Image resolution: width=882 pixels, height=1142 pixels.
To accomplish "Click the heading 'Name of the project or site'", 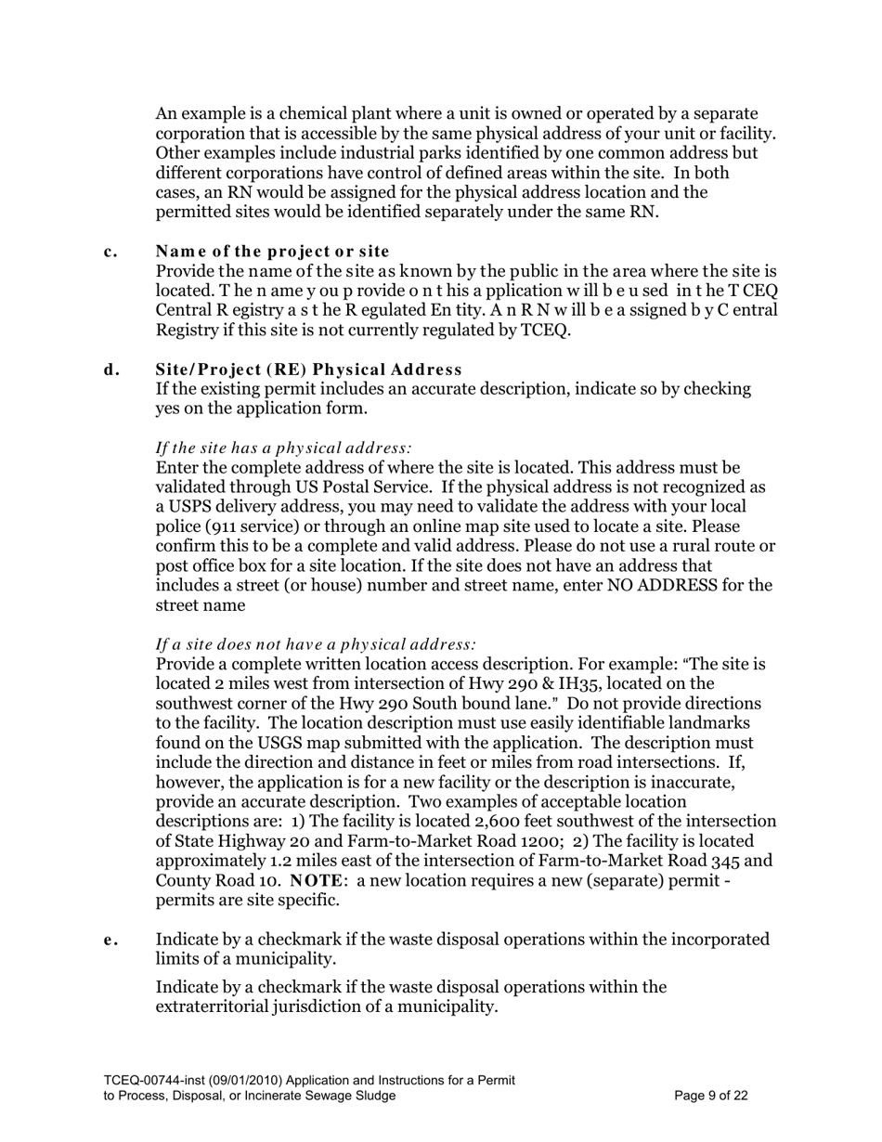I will pyautogui.click(x=272, y=252).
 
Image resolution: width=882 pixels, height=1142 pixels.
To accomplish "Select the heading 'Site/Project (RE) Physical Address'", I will pyautogui.click(x=308, y=370).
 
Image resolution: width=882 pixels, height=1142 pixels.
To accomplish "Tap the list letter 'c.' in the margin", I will pyautogui.click(x=110, y=252).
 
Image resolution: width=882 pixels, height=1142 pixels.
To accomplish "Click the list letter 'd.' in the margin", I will pyautogui.click(x=111, y=370).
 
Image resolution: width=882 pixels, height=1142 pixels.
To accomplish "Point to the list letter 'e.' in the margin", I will pyautogui.click(x=110, y=940).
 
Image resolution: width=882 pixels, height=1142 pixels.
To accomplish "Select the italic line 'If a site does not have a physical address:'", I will pyautogui.click(x=316, y=644).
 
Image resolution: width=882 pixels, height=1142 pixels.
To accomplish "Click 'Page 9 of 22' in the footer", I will pyautogui.click(x=711, y=1096).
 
